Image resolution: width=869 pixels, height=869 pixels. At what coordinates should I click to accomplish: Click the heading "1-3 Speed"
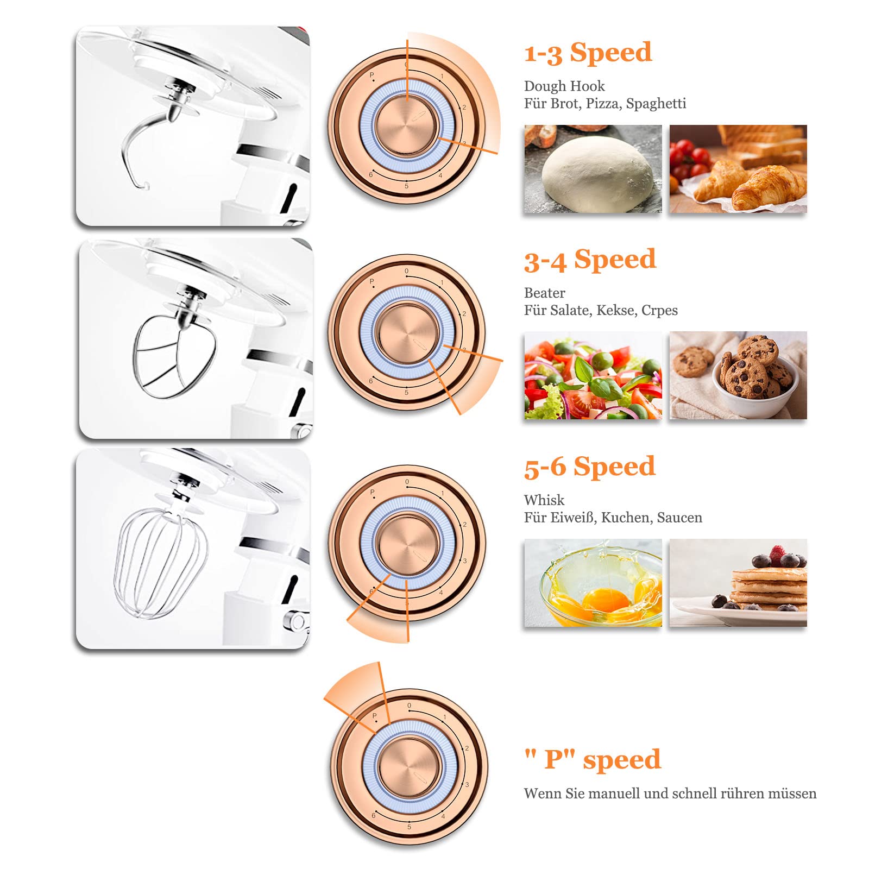point(588,53)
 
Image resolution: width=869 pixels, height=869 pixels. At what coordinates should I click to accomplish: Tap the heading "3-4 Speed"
point(590,259)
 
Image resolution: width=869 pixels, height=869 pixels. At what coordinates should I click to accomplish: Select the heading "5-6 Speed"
point(589,467)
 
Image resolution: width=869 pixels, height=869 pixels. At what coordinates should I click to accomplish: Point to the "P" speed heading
point(593,759)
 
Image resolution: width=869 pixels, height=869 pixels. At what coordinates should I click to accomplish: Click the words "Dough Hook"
point(564,86)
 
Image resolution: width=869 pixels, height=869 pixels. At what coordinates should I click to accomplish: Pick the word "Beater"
point(545,293)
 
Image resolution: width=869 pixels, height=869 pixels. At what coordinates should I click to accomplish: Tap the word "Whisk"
point(544,500)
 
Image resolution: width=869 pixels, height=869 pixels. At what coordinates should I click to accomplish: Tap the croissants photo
point(738,169)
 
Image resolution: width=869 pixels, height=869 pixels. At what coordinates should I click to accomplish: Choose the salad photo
point(593,375)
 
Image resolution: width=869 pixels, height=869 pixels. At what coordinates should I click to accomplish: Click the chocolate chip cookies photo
point(738,375)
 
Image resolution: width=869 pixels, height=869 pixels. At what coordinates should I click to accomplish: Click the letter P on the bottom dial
point(374,716)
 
